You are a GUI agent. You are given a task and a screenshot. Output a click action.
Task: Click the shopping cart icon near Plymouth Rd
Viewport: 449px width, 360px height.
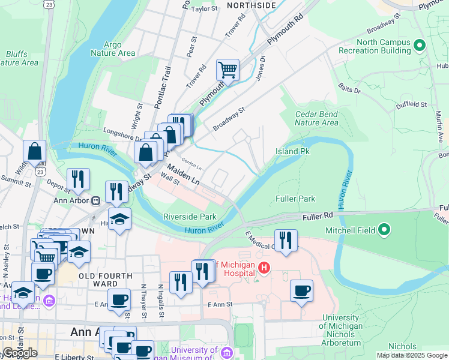click(228, 70)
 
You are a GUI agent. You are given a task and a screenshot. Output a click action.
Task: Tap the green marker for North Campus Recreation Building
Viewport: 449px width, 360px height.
click(420, 45)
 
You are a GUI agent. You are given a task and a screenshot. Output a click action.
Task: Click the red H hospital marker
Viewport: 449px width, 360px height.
click(262, 266)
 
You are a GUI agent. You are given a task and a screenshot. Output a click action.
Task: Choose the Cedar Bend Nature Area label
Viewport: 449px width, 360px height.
click(317, 118)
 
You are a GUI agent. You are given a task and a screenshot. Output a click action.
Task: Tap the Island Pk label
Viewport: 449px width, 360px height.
click(292, 151)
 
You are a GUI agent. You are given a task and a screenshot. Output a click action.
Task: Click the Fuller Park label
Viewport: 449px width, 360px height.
click(295, 198)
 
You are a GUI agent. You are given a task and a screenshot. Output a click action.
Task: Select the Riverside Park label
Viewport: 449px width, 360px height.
click(190, 217)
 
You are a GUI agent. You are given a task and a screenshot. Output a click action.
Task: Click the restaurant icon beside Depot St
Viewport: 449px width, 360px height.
click(78, 179)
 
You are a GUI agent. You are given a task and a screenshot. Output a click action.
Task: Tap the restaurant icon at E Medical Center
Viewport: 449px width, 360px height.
click(286, 241)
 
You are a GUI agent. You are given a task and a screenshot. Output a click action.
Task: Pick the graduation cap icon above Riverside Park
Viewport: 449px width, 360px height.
click(119, 219)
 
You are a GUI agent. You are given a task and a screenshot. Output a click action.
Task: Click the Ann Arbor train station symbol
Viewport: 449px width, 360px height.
click(95, 200)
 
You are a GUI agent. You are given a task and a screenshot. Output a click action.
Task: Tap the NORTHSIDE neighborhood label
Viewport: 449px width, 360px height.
click(252, 5)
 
